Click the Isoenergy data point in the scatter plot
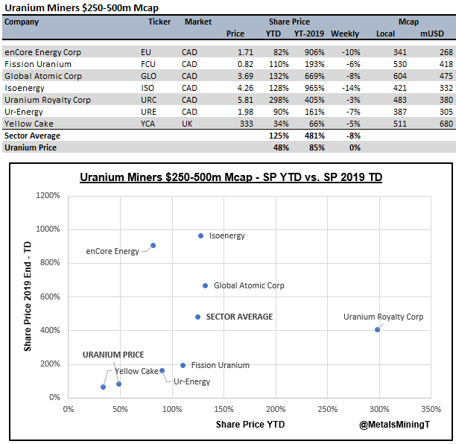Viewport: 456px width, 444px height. click(200, 236)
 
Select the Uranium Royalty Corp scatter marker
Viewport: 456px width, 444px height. click(378, 329)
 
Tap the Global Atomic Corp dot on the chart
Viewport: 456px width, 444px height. click(205, 285)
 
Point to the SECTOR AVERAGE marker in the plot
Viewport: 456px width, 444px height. click(197, 317)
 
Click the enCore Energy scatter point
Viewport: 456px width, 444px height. click(153, 245)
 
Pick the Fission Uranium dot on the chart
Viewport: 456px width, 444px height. click(183, 365)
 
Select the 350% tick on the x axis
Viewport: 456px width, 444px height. click(431, 408)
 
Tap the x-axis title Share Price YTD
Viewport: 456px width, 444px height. click(250, 424)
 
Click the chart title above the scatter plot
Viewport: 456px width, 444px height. click(231, 178)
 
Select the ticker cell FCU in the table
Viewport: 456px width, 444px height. click(148, 64)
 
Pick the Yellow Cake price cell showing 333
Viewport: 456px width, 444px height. click(236, 124)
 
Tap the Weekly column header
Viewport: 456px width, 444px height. click(345, 34)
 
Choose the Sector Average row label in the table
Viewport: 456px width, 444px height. click(32, 136)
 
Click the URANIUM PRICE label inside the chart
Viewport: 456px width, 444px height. click(113, 355)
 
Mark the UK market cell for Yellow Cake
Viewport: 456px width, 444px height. click(187, 124)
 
